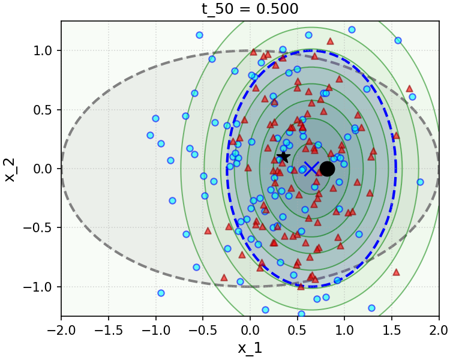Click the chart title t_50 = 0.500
[x=249, y=8]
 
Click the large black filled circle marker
[x=327, y=169]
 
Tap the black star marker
[x=283, y=157]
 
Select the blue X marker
[x=311, y=169]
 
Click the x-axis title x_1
[x=250, y=348]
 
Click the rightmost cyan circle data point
[x=420, y=182]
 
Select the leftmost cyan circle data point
[x=150, y=136]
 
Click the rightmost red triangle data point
[x=410, y=88]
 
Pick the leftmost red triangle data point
[x=208, y=230]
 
